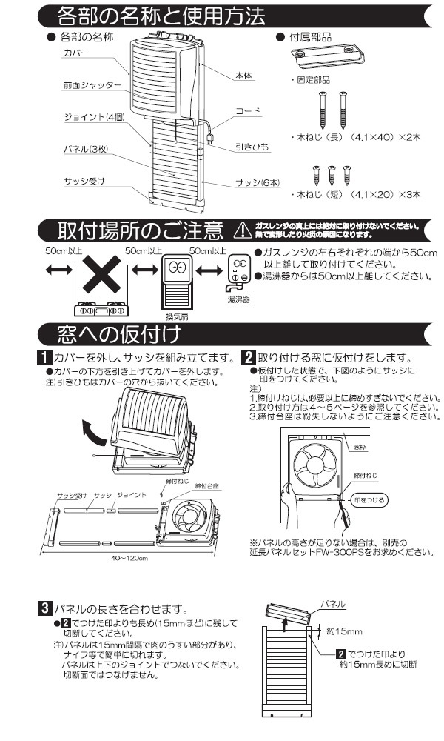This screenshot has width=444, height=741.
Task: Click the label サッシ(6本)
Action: (x=257, y=182)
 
